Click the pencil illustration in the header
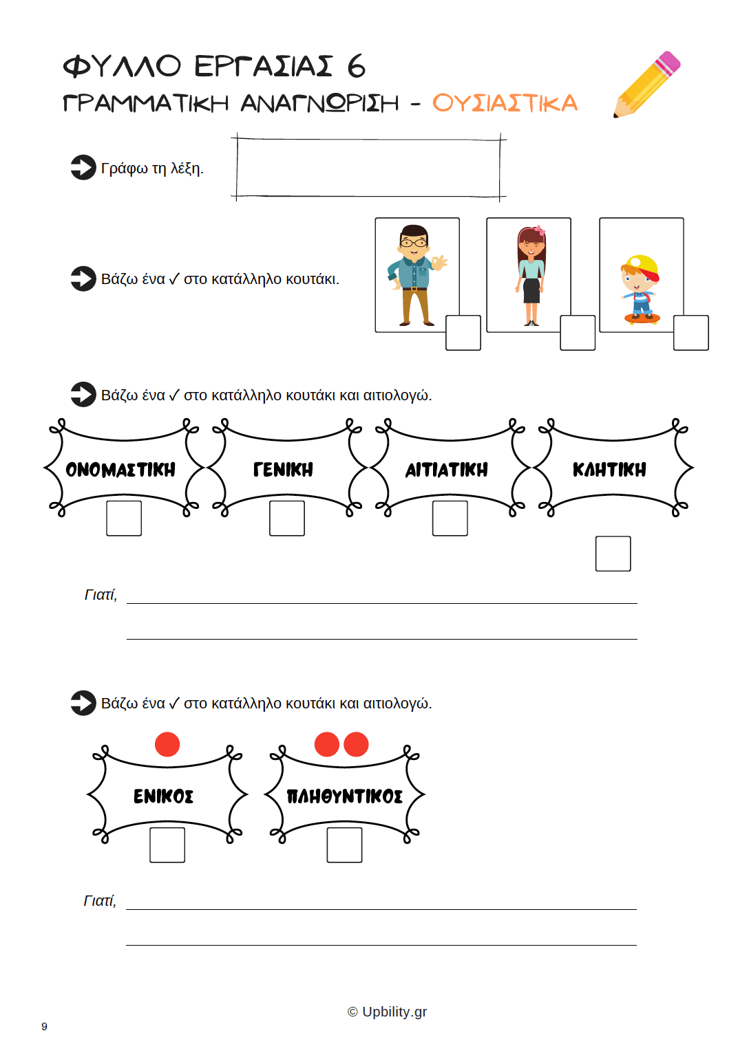pos(646,85)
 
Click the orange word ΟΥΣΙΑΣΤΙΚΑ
pos(505,103)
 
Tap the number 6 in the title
pos(357,66)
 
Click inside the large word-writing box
pos(368,168)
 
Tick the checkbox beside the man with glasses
pos(463,333)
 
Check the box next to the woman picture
pos(578,333)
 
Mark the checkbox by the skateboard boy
pos(691,333)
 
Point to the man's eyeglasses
pos(413,243)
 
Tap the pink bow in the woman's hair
pos(540,230)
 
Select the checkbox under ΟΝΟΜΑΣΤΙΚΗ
pos(124,519)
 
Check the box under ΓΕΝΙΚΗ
pos(287,519)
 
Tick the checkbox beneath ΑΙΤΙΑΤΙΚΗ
pos(450,519)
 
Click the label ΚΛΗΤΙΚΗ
pos(609,469)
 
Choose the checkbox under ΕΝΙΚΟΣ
pos(167,845)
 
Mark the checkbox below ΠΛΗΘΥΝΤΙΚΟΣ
pos(344,845)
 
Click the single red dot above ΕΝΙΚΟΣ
pos(167,744)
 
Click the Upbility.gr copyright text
pos(387,1012)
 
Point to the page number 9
pos(44,1026)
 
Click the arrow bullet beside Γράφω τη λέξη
pos(83,167)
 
